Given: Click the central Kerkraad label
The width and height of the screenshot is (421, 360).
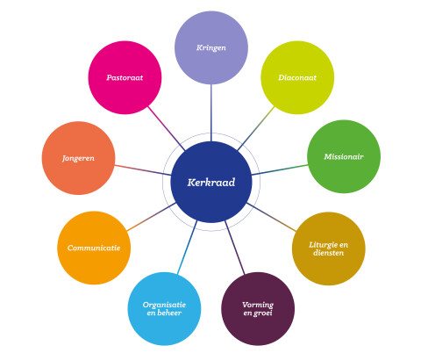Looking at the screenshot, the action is (211, 183).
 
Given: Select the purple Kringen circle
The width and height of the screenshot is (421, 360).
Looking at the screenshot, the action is (211, 47).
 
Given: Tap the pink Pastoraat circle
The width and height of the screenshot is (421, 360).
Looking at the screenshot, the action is (125, 77).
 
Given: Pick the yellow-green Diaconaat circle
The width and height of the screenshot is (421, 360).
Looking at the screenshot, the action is (297, 77).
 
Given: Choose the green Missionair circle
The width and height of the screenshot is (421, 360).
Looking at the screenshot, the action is (344, 156).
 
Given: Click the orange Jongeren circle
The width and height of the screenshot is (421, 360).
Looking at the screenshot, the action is (78, 158).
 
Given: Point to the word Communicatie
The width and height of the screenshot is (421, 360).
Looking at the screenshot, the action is (94, 248).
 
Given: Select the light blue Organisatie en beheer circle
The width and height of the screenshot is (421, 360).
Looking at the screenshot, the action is (164, 309).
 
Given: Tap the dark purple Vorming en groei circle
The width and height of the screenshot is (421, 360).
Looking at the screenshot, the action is (258, 309).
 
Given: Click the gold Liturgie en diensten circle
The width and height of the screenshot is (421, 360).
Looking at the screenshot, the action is (329, 248).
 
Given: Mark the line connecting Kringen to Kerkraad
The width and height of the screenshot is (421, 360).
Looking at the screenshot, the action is (211, 113).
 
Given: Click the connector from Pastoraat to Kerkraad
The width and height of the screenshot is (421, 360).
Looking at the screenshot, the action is (167, 128).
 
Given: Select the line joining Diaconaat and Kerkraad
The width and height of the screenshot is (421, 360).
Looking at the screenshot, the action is (256, 128).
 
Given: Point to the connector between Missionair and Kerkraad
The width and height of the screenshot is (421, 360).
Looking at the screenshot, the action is (280, 169).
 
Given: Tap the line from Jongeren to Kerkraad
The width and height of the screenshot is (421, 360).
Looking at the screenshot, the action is (143, 170).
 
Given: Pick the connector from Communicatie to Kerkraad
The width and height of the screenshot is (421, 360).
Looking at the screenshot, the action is (151, 217).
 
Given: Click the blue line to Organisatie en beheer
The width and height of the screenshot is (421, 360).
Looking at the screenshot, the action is (187, 248).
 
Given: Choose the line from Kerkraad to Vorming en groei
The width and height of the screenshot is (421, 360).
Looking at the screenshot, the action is (234, 248).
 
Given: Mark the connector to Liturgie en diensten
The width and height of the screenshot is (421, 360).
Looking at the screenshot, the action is (272, 217).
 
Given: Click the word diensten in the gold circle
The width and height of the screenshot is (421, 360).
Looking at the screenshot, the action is (328, 253).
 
